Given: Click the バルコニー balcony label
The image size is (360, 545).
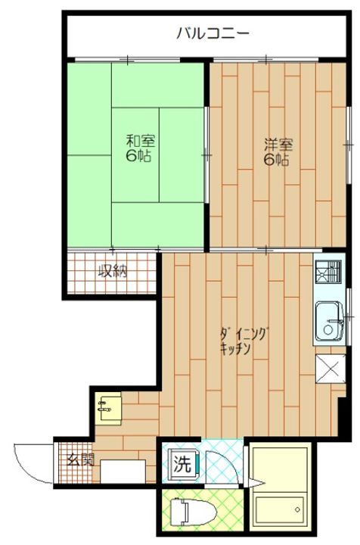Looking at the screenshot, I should tap(211, 33).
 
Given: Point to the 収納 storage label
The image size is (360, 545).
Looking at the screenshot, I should tap(111, 271).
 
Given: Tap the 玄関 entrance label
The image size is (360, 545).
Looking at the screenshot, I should tap(79, 459).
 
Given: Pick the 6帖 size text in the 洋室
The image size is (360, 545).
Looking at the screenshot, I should tap(277, 160).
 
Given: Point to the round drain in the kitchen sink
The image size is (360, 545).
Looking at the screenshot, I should tap(328, 331).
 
